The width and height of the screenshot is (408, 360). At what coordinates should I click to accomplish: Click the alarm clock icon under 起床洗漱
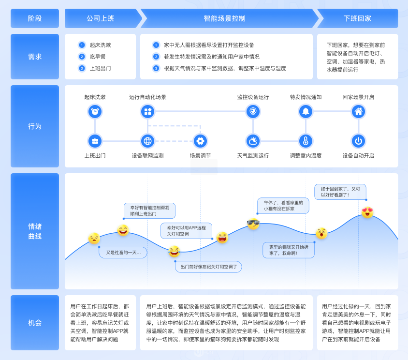(95, 111)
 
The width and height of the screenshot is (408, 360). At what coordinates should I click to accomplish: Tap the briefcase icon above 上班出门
(95, 141)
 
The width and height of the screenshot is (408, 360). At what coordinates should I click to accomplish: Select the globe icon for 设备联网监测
(147, 141)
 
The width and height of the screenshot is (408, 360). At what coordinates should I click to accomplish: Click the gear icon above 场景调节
(200, 141)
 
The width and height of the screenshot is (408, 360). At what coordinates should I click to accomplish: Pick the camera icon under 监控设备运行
(253, 111)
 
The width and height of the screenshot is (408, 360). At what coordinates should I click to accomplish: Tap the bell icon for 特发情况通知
(306, 111)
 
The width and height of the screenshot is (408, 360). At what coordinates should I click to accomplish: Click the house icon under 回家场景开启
(359, 111)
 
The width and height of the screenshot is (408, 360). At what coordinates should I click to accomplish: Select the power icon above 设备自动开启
(359, 141)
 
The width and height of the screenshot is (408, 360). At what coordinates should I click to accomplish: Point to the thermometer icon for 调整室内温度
(306, 141)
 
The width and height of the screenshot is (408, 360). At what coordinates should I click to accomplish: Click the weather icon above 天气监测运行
(253, 141)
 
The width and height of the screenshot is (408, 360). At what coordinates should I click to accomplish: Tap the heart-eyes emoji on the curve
(367, 212)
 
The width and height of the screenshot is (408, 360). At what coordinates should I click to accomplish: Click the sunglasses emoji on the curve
(253, 224)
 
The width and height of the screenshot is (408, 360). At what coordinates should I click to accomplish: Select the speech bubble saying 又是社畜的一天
(123, 253)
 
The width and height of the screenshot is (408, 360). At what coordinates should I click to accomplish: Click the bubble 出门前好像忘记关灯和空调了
(208, 267)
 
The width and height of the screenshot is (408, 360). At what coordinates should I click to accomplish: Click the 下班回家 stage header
(358, 18)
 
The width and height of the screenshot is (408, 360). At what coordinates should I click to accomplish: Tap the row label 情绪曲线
(35, 231)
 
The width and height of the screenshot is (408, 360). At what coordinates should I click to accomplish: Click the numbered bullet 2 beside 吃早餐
(82, 57)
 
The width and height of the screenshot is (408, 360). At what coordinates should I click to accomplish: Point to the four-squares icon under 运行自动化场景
(147, 111)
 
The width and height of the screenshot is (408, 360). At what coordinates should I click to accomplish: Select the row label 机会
(35, 322)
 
